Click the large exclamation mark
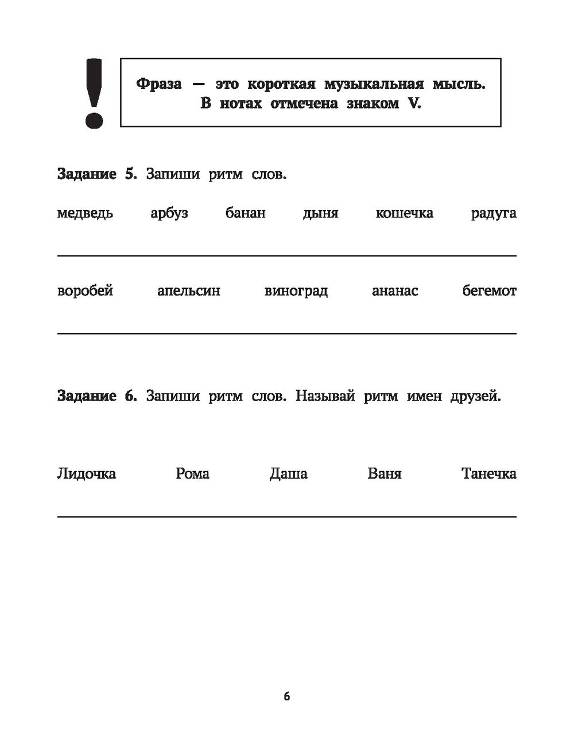point(94,92)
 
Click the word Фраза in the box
point(159,84)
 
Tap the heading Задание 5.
point(97,174)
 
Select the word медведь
point(85,213)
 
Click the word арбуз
point(169,213)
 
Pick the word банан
point(246,213)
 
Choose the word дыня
point(320,213)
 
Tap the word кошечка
point(404,213)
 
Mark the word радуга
point(494,213)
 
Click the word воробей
point(85,291)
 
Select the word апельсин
point(189,291)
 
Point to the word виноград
point(296,291)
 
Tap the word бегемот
point(490,291)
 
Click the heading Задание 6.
point(97,396)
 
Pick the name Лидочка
point(87,473)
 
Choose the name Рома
point(193,473)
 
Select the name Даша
point(288,473)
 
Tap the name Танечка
point(488,473)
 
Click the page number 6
point(287,697)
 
